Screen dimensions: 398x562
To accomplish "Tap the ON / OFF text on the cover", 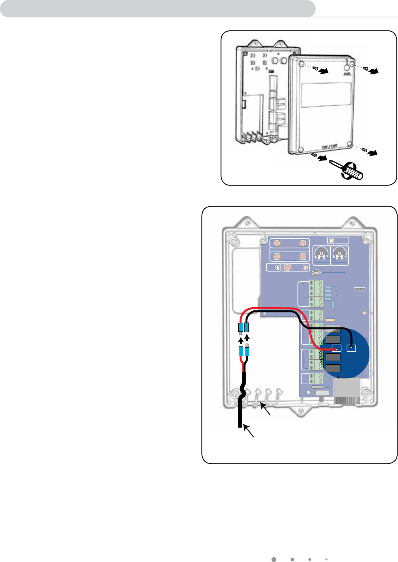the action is [329, 147].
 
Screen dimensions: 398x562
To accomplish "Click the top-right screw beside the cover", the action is [366, 69].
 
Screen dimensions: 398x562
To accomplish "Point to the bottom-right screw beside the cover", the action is [364, 150].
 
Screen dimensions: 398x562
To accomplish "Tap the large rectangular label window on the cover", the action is [326, 95].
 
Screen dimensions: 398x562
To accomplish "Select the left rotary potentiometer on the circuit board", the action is [321, 255].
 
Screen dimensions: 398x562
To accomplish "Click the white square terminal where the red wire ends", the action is [336, 348].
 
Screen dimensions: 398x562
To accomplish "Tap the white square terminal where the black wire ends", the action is [351, 348].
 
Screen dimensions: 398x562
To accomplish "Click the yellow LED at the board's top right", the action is [331, 240].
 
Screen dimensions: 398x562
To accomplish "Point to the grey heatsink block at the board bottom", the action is [347, 391].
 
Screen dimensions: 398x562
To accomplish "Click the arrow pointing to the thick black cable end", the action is [248, 431].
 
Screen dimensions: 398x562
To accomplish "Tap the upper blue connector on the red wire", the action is [241, 327].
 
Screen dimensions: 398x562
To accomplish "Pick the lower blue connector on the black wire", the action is [247, 351].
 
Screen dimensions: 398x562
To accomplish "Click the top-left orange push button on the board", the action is [277, 243].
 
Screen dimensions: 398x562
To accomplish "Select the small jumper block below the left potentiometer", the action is [315, 272].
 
